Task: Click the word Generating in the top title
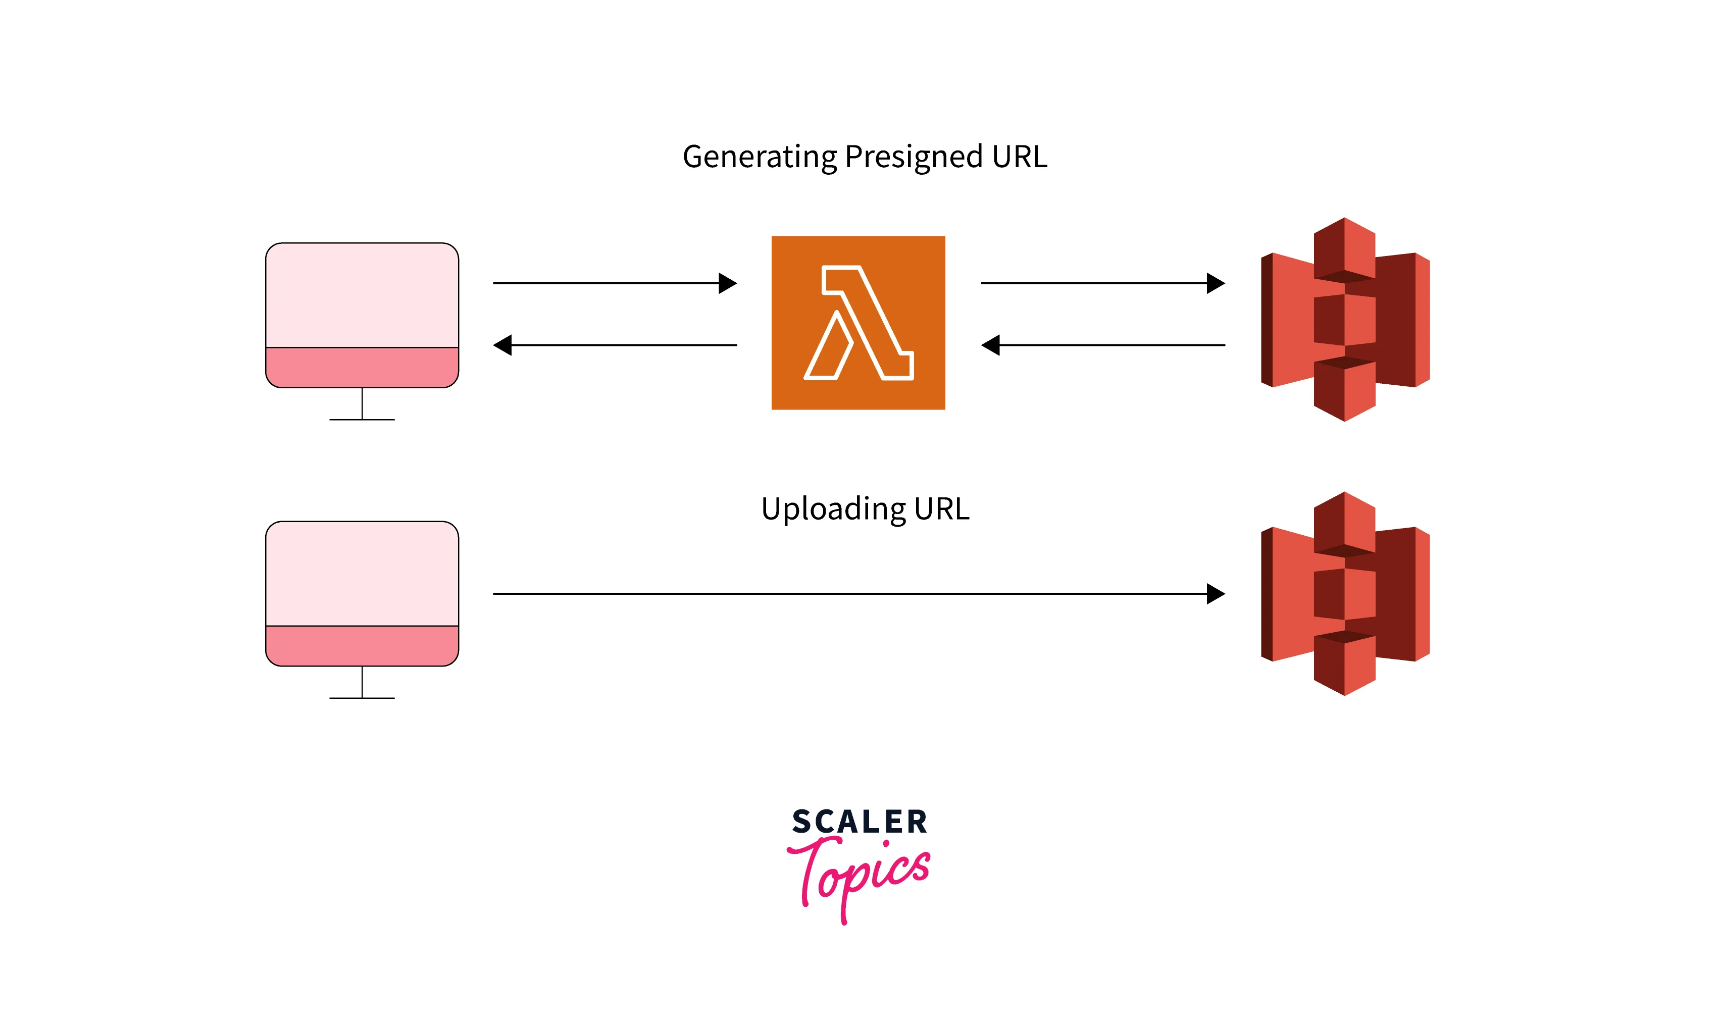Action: (x=759, y=157)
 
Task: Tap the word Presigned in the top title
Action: (x=913, y=157)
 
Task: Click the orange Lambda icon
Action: (x=858, y=323)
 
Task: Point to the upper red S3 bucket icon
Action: (x=1344, y=320)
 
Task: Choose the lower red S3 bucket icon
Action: (x=1344, y=594)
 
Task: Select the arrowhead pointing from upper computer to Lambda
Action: (x=728, y=283)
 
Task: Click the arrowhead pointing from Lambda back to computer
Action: (x=503, y=345)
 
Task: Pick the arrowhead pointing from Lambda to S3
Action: (x=1217, y=283)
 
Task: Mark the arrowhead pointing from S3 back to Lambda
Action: (x=990, y=345)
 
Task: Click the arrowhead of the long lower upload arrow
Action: (x=1217, y=594)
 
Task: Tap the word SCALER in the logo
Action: (x=860, y=822)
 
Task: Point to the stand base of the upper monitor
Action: (x=362, y=420)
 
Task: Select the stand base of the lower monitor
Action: (x=362, y=698)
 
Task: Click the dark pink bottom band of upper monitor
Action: (x=362, y=368)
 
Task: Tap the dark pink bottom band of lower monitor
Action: (x=362, y=646)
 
